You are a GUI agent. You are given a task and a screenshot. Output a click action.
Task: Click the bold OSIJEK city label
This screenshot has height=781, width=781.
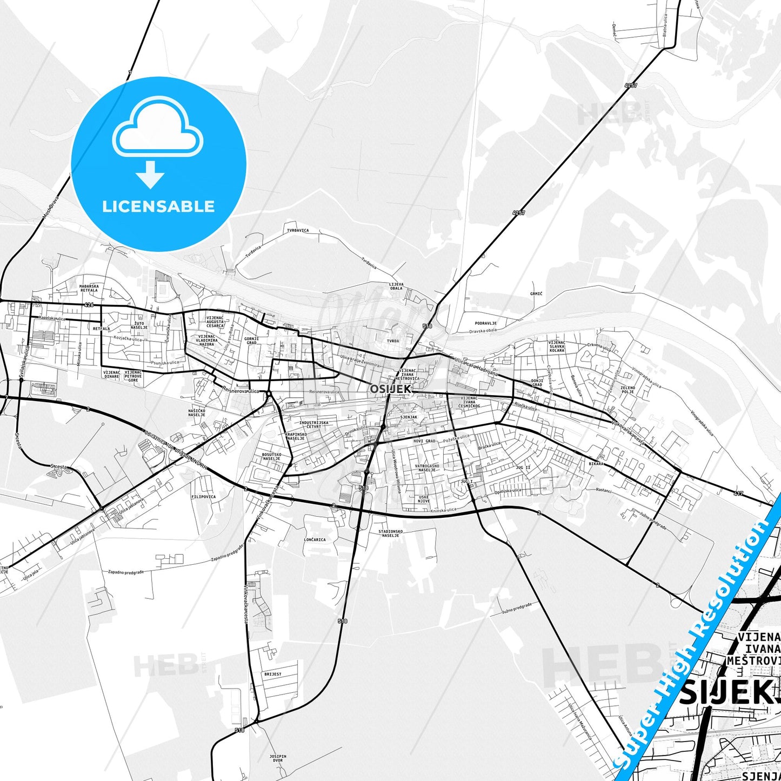391,388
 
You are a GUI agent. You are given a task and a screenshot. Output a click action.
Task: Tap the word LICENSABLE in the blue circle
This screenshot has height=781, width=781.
158,206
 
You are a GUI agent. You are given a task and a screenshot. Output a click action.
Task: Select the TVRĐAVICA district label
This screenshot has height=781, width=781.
298,230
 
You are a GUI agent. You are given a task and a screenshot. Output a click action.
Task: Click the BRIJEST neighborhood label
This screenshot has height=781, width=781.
273,674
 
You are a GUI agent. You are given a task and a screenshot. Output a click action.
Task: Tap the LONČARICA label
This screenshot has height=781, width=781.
315,539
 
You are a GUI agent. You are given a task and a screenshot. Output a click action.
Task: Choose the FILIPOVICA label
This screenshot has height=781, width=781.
203,496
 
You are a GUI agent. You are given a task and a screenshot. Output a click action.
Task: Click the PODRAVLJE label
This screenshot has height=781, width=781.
486,323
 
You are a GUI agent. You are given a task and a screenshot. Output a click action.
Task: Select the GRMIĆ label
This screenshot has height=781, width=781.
536,293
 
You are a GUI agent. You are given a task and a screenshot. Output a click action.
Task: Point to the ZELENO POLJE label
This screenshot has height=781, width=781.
628,389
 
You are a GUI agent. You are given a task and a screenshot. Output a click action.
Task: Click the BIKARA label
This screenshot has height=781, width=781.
596,464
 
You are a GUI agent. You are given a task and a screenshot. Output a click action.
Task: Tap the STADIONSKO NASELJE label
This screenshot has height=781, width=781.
390,534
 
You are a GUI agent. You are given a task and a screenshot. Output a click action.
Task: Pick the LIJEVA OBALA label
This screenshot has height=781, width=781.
396,286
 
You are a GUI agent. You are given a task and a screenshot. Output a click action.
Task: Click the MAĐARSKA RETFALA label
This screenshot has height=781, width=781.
89,288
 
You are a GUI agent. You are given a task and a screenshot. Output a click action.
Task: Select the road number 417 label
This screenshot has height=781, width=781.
738,493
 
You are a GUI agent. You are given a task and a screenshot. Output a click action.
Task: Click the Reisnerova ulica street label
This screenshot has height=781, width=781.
241,389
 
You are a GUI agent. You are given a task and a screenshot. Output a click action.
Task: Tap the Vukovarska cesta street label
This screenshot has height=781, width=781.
628,432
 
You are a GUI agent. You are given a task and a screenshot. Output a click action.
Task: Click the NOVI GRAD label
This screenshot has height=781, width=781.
424,441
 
